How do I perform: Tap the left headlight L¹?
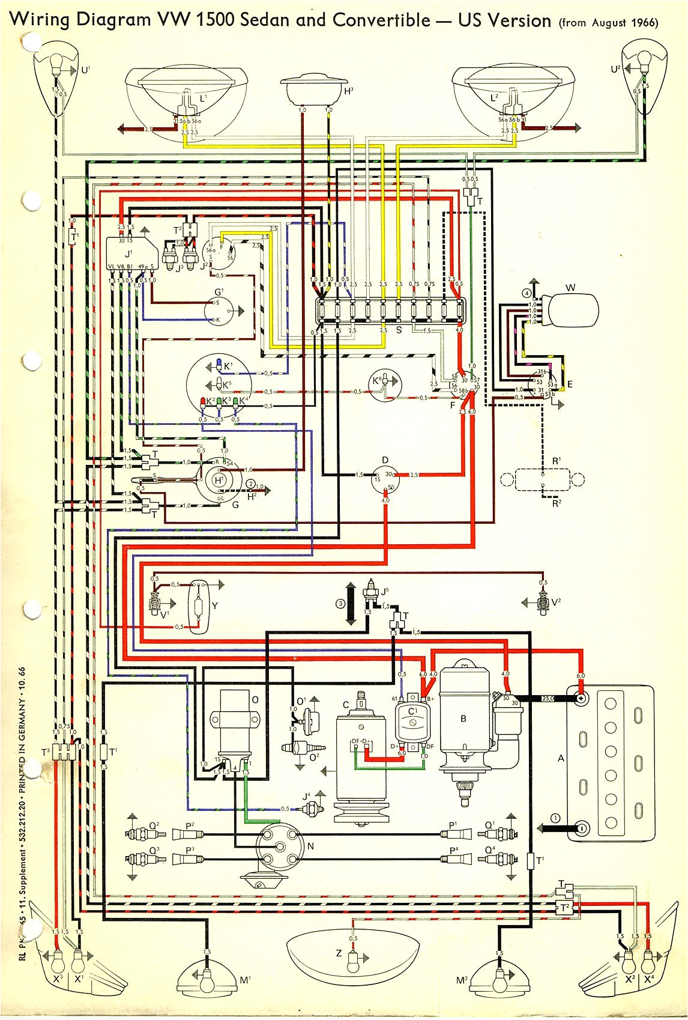(187, 90)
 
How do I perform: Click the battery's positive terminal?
(581, 699)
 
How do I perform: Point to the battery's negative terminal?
(581, 828)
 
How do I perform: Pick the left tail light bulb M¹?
(207, 985)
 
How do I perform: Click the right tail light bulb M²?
(498, 985)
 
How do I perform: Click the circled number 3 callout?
(341, 604)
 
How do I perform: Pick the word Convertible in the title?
(381, 20)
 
